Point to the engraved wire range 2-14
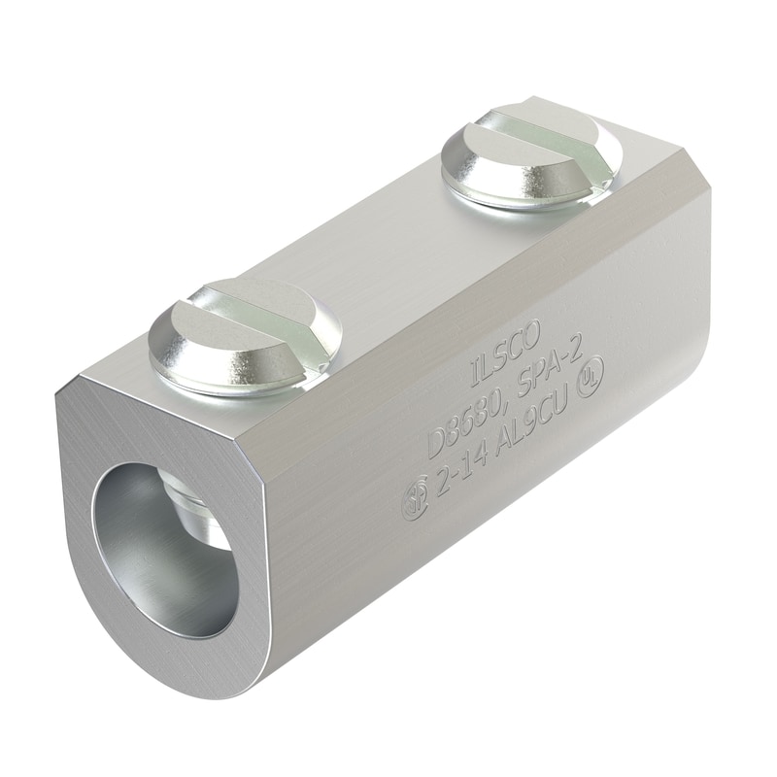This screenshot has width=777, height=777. tap(457, 486)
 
